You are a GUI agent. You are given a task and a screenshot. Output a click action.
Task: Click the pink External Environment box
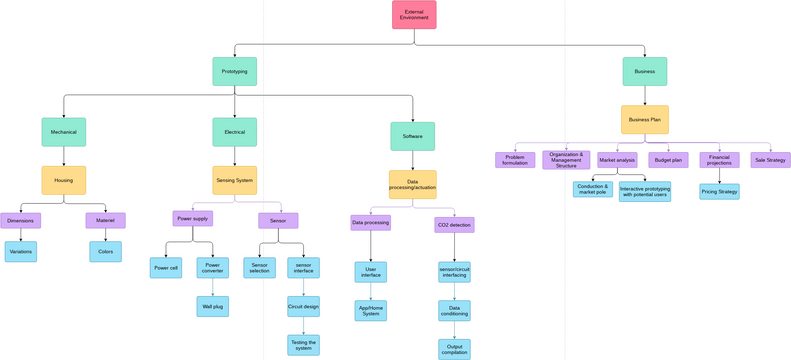pyautogui.click(x=413, y=15)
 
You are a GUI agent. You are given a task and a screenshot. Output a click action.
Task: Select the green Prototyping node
pyautogui.click(x=234, y=71)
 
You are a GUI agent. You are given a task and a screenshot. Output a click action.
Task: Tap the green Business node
pyautogui.click(x=644, y=71)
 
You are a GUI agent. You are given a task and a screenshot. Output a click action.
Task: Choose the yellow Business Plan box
pyautogui.click(x=644, y=120)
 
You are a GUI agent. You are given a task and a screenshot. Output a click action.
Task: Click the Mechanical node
pyautogui.click(x=63, y=132)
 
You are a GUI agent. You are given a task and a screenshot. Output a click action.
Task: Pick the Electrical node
pyautogui.click(x=234, y=132)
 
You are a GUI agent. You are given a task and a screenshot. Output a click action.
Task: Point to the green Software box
pyautogui.click(x=412, y=136)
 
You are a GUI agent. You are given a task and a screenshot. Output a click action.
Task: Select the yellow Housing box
pyautogui.click(x=63, y=180)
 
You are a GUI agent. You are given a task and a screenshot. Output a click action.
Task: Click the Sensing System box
pyautogui.click(x=234, y=180)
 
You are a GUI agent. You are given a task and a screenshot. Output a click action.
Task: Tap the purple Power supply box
pyautogui.click(x=191, y=218)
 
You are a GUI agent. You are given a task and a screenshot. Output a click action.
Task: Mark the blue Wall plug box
pyautogui.click(x=212, y=306)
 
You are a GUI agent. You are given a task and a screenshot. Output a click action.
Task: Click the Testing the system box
pyautogui.click(x=303, y=345)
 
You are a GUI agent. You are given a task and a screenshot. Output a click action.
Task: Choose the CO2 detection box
pyautogui.click(x=454, y=224)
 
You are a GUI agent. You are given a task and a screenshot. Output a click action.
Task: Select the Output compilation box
pyautogui.click(x=454, y=349)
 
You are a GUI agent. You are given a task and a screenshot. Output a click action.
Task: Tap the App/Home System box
pyautogui.click(x=370, y=311)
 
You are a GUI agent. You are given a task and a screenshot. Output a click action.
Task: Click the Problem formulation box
pyautogui.click(x=515, y=160)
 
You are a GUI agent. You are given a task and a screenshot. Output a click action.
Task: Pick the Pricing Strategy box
pyautogui.click(x=719, y=191)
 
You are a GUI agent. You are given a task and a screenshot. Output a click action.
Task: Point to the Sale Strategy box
pyautogui.click(x=770, y=160)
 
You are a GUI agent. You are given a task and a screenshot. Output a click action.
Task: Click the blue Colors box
pyautogui.click(x=105, y=251)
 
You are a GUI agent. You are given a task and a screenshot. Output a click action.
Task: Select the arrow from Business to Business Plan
pyautogui.click(x=644, y=96)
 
